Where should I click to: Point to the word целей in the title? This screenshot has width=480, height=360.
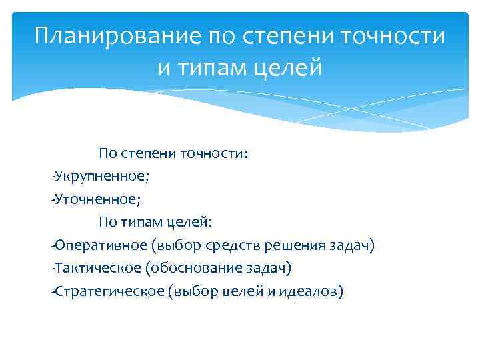[x=291, y=67]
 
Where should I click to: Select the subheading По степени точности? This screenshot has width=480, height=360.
[x=173, y=154]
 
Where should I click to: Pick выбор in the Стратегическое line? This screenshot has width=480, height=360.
[x=194, y=291]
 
